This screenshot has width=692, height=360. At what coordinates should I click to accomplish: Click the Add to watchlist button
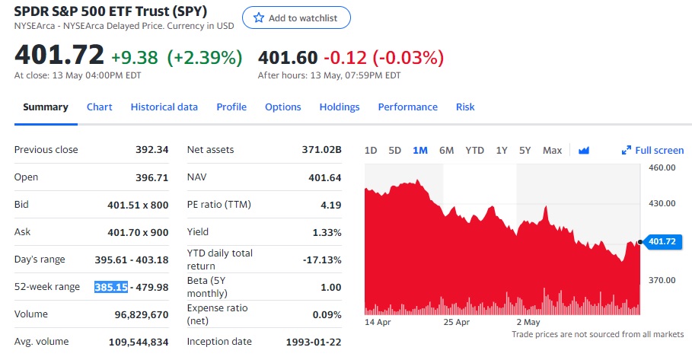[x=296, y=18]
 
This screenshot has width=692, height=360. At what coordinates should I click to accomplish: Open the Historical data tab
[x=164, y=107]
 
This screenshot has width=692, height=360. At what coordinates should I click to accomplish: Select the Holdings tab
[x=339, y=107]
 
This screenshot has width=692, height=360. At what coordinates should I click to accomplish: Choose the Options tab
[x=282, y=107]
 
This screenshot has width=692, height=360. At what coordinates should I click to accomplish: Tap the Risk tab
[x=465, y=107]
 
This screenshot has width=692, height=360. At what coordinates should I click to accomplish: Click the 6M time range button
[x=446, y=151]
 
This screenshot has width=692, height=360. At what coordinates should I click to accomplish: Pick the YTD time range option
[x=474, y=151]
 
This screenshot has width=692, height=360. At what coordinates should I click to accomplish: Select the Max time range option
[x=552, y=151]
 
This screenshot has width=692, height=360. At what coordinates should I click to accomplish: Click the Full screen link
[x=653, y=151]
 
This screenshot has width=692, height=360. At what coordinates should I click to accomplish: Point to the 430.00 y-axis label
[x=662, y=203]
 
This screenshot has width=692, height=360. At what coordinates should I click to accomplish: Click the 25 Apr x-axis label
[x=457, y=322]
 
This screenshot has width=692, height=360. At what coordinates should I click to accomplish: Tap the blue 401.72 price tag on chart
[x=661, y=242]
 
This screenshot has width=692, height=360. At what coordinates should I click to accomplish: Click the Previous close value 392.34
[x=151, y=150]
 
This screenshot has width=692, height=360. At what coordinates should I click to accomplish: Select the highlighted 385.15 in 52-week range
[x=110, y=287]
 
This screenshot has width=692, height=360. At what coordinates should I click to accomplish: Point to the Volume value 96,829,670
[x=130, y=314]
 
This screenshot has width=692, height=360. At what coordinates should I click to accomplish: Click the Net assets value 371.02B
[x=321, y=150]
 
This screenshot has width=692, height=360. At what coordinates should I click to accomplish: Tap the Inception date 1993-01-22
[x=313, y=342]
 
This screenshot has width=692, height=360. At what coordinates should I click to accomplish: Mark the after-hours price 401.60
[x=288, y=58]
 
